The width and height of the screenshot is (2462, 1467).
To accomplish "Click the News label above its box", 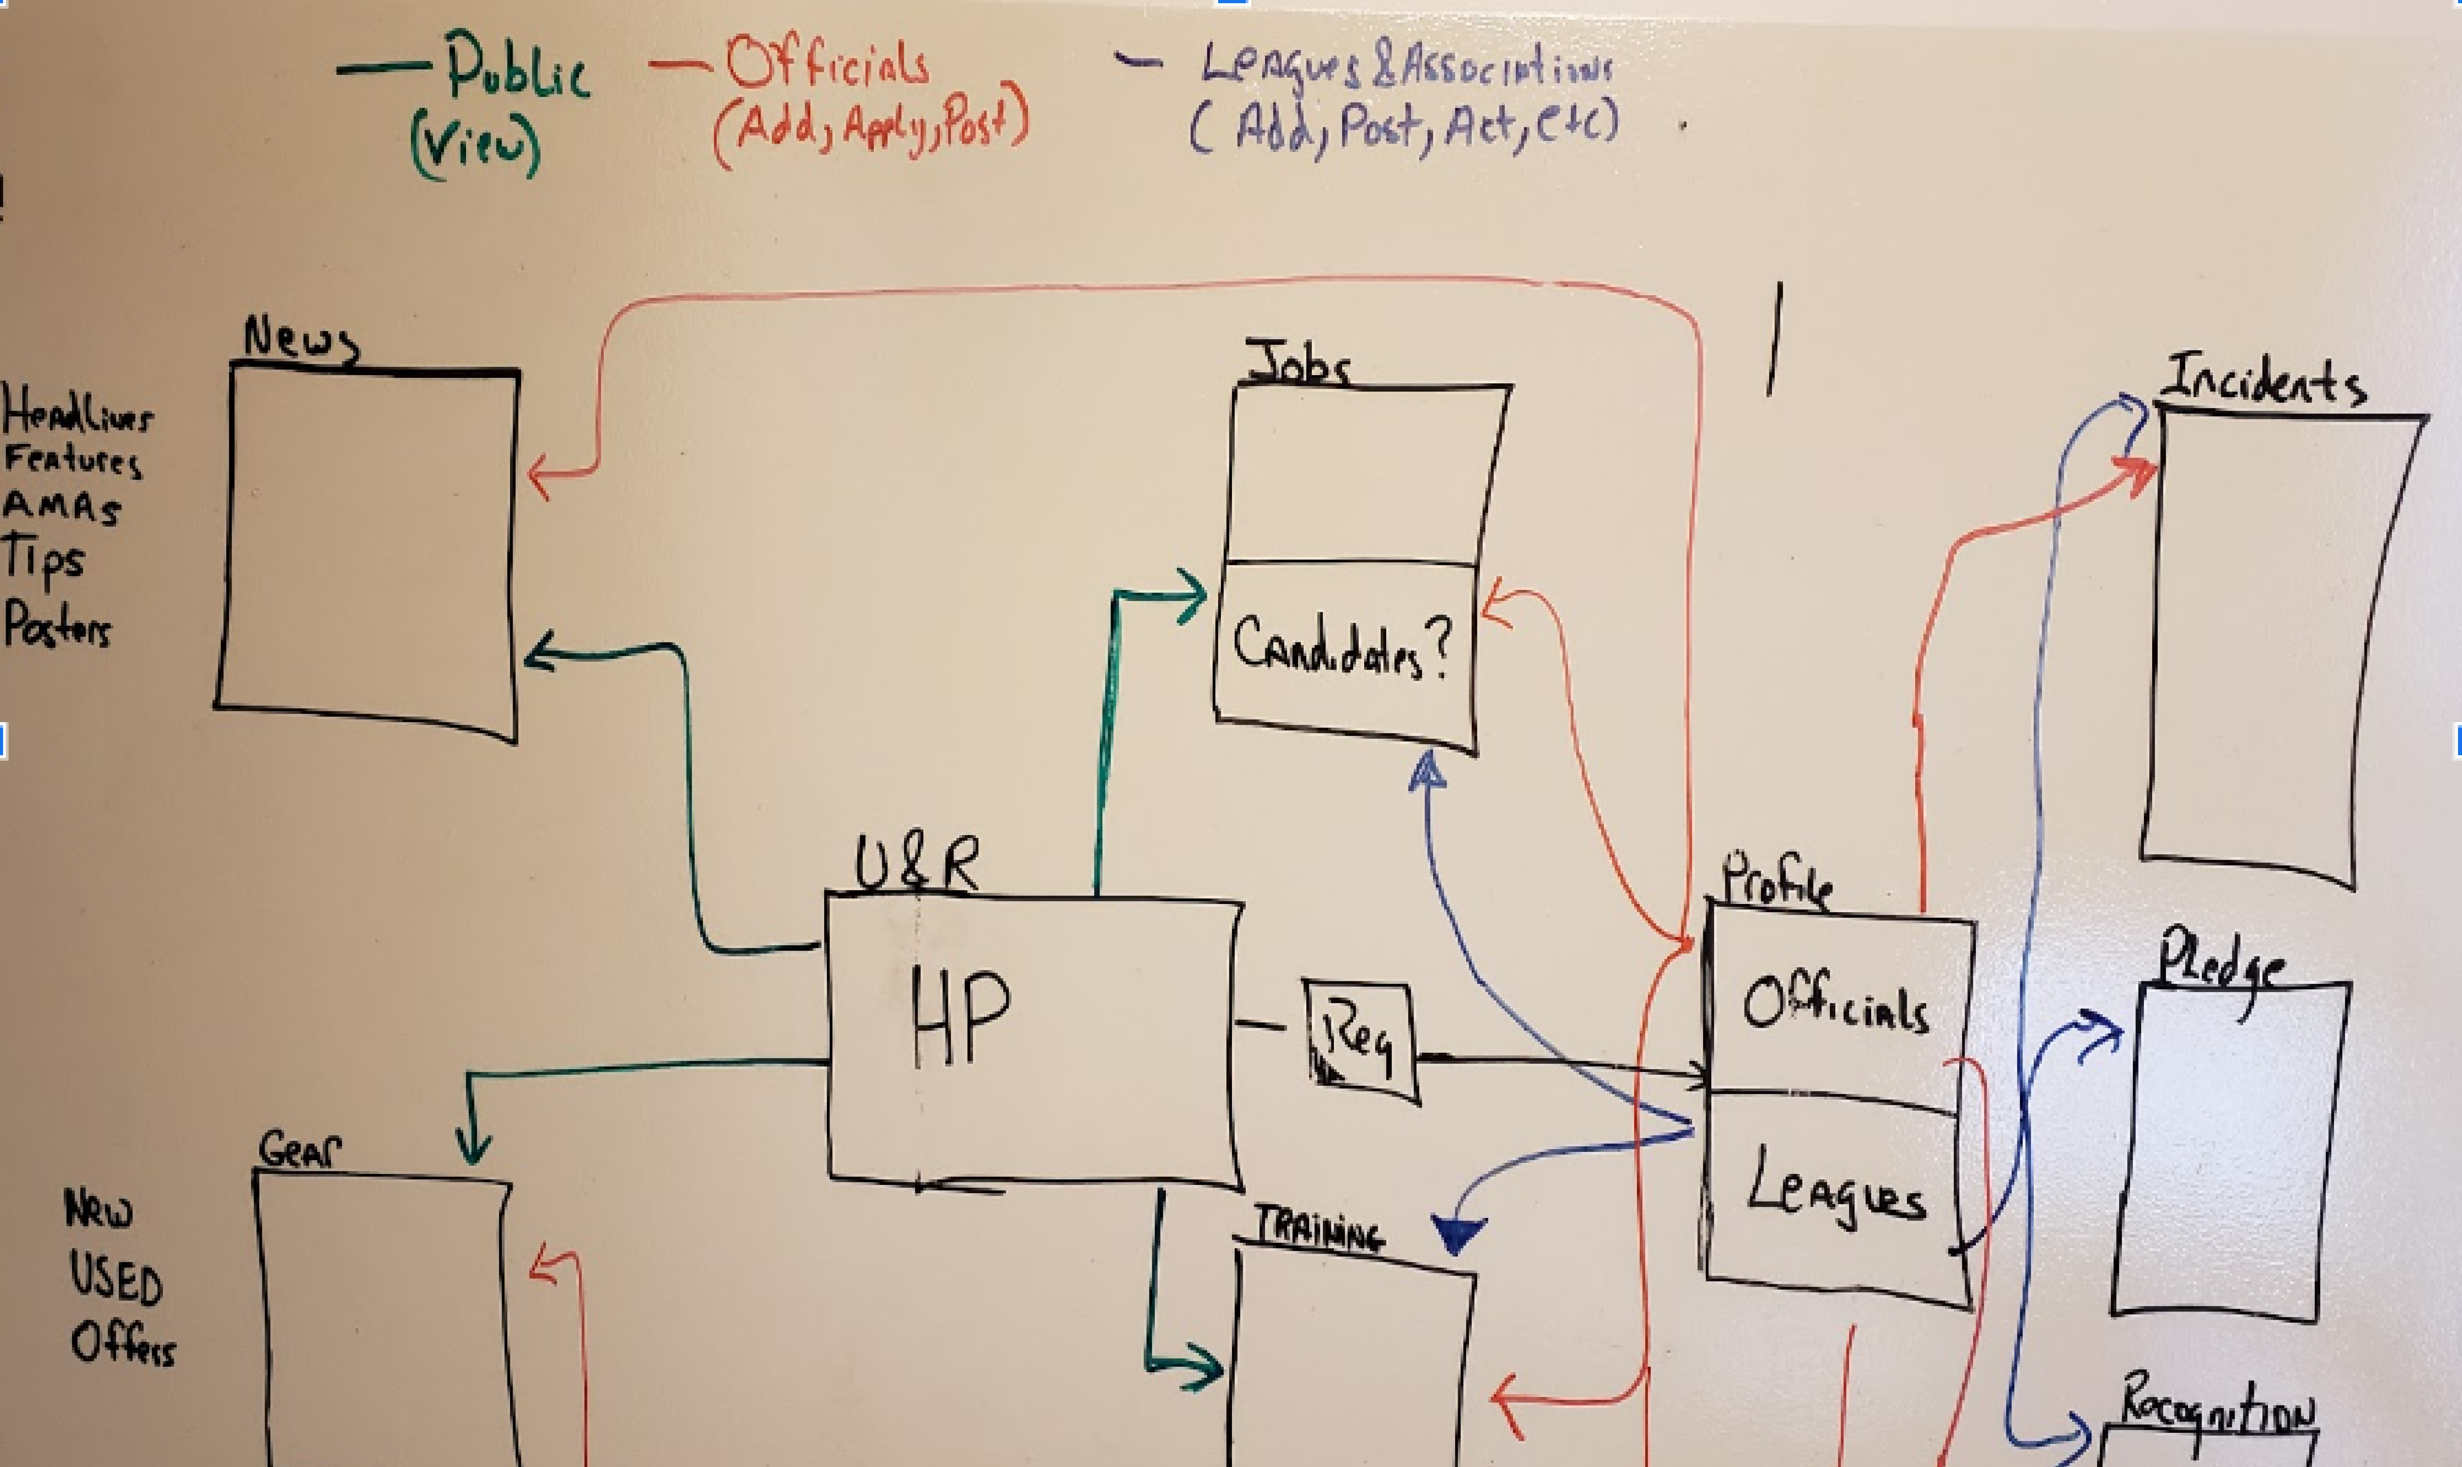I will [x=301, y=339].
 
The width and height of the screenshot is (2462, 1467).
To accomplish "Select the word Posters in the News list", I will [x=57, y=625].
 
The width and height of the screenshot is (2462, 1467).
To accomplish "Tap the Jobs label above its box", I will [x=1297, y=364].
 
